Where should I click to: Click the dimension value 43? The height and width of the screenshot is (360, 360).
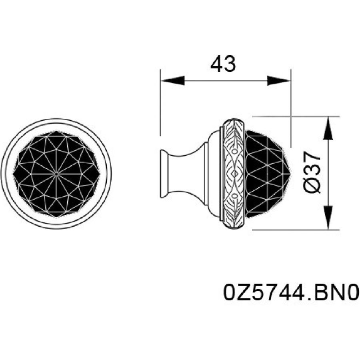click(x=223, y=64)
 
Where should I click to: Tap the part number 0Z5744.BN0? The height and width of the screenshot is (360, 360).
click(x=291, y=292)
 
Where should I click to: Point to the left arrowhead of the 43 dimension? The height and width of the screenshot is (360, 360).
click(x=173, y=80)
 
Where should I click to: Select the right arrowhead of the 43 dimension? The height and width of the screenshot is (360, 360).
click(x=279, y=80)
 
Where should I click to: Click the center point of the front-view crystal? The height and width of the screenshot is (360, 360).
click(x=56, y=174)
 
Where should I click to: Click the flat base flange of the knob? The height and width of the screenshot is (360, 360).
click(x=163, y=173)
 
